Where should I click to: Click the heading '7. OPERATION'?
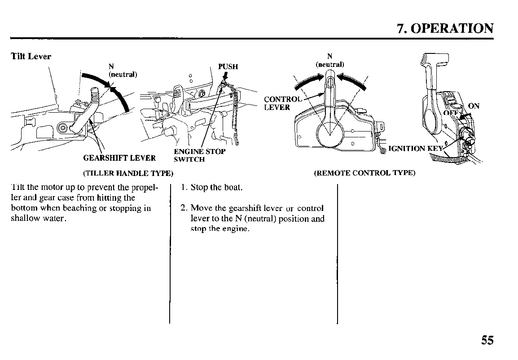click(x=445, y=28)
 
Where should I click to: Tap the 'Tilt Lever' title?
click(x=31, y=57)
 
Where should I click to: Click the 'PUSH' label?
click(x=228, y=67)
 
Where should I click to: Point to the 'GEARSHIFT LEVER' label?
click(x=119, y=158)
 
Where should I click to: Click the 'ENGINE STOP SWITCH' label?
click(x=199, y=155)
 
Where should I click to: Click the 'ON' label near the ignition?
click(x=474, y=106)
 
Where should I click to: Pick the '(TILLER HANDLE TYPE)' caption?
click(x=122, y=173)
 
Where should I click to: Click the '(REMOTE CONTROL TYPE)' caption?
click(x=364, y=173)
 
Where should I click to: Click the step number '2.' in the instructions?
click(x=184, y=208)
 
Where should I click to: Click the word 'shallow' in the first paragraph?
click(x=24, y=219)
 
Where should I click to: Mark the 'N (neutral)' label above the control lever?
click(x=329, y=60)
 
